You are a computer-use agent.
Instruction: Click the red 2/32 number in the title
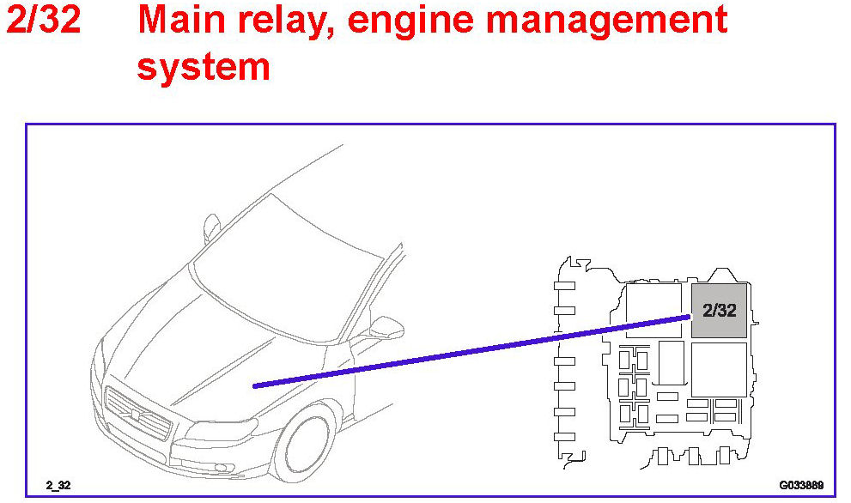click(x=44, y=20)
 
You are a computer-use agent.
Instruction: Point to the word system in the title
click(x=204, y=65)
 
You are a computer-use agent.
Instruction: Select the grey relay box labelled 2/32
click(x=719, y=310)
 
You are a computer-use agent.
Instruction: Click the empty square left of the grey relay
click(x=653, y=309)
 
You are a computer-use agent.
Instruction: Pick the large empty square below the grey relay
click(x=719, y=369)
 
